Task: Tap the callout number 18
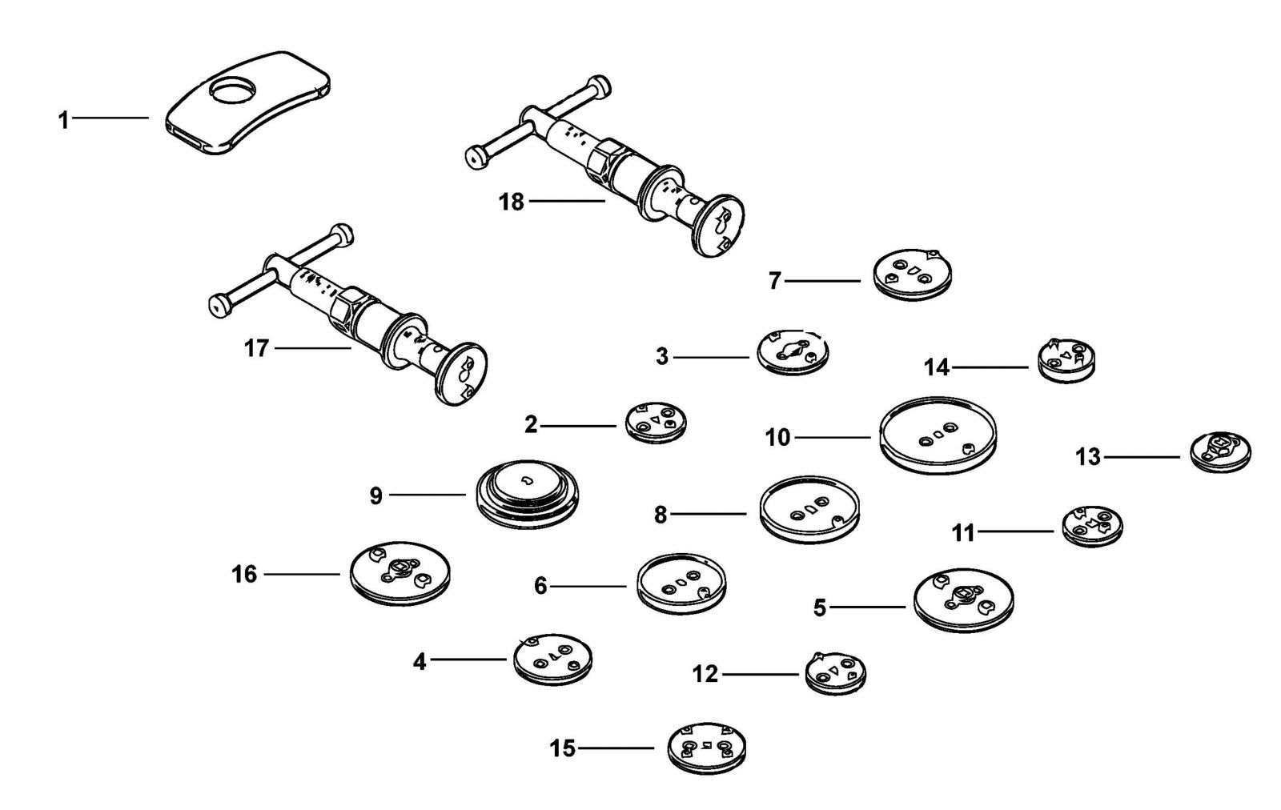tap(512, 202)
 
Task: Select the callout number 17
tap(256, 348)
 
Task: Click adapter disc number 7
tap(913, 275)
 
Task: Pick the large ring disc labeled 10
tap(938, 436)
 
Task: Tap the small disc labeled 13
tap(1220, 452)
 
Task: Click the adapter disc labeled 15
tap(707, 748)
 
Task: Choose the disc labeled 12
tap(836, 673)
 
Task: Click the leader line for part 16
tap(302, 574)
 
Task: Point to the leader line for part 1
tap(110, 118)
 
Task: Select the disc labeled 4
tap(553, 660)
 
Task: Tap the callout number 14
tap(937, 367)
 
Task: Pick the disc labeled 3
tap(793, 352)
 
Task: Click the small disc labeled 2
tap(656, 423)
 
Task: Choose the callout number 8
tap(661, 515)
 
